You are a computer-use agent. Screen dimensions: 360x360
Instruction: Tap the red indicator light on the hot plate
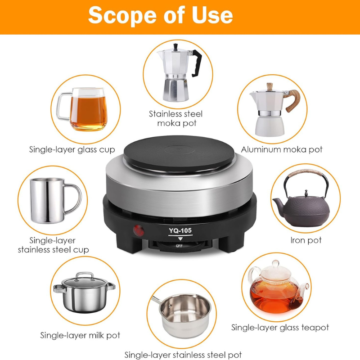pos(138,230)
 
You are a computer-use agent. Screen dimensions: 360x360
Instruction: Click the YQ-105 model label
pos(180,231)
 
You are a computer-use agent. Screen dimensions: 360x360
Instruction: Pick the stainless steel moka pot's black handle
pos(197,63)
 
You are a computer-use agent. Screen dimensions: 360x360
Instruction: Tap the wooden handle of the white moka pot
pos(292,97)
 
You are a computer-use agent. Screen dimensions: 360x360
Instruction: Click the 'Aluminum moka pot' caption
pos(282,149)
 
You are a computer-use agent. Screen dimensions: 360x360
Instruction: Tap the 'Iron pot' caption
pos(306,240)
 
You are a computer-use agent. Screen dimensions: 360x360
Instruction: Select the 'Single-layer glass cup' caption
pos(72,149)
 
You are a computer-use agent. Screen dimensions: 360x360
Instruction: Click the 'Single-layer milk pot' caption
pos(80,335)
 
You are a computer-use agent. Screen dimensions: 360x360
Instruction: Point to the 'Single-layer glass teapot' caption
pos(280,328)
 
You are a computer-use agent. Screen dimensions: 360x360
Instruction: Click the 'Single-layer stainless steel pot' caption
pos(183,355)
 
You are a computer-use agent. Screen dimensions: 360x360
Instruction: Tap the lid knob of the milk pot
pos(84,274)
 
